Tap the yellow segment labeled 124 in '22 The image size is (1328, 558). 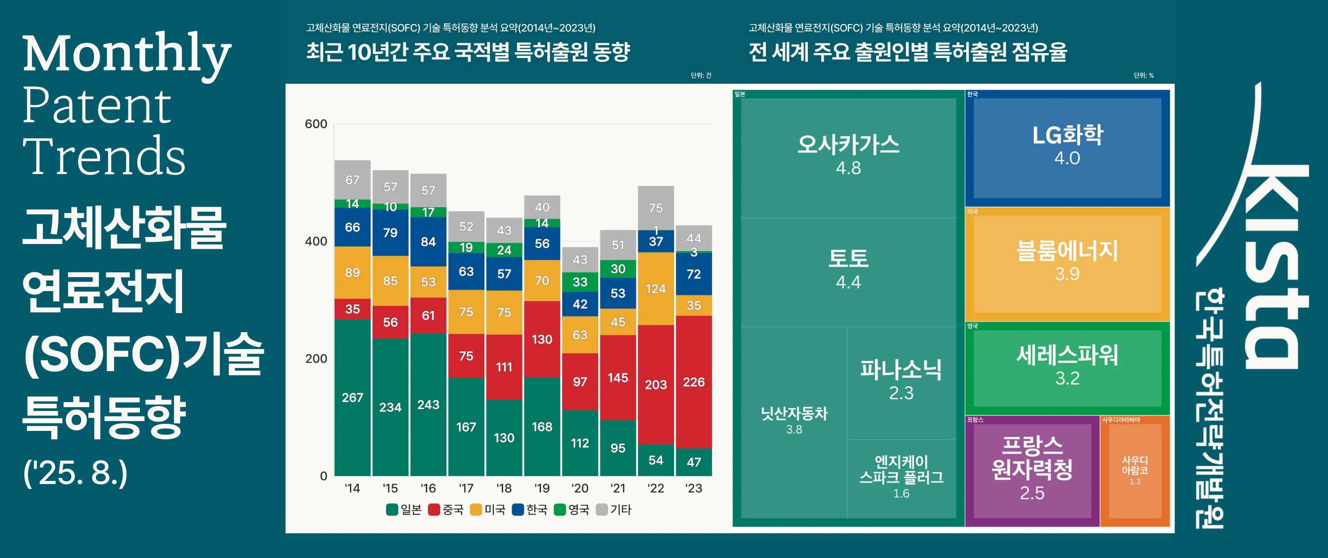(655, 288)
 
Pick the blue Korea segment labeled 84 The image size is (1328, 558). (428, 241)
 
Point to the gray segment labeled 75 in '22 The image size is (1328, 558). (655, 208)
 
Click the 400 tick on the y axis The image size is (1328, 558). (316, 241)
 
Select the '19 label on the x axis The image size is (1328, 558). (542, 488)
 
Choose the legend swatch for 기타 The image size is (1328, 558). (602, 510)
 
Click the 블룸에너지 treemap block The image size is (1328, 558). (1067, 263)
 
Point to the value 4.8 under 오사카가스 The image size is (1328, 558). (848, 168)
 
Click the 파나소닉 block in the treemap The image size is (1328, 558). (901, 379)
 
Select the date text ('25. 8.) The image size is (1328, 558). (75, 473)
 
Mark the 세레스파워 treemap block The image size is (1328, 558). (1067, 366)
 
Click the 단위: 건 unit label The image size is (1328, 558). (701, 75)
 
